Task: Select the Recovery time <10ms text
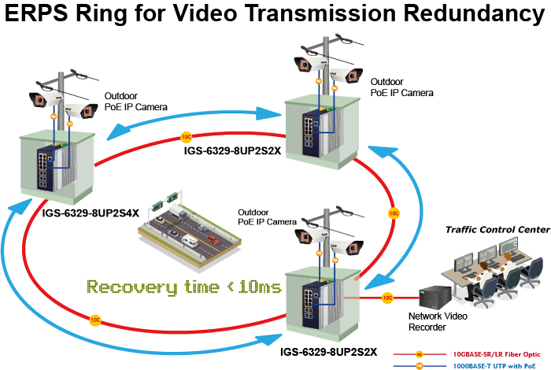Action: pos(183,287)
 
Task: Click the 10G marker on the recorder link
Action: pos(387,298)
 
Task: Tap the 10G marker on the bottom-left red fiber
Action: pos(94,320)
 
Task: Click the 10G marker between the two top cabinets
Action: pos(187,135)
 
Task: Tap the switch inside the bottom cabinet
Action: pos(308,298)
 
